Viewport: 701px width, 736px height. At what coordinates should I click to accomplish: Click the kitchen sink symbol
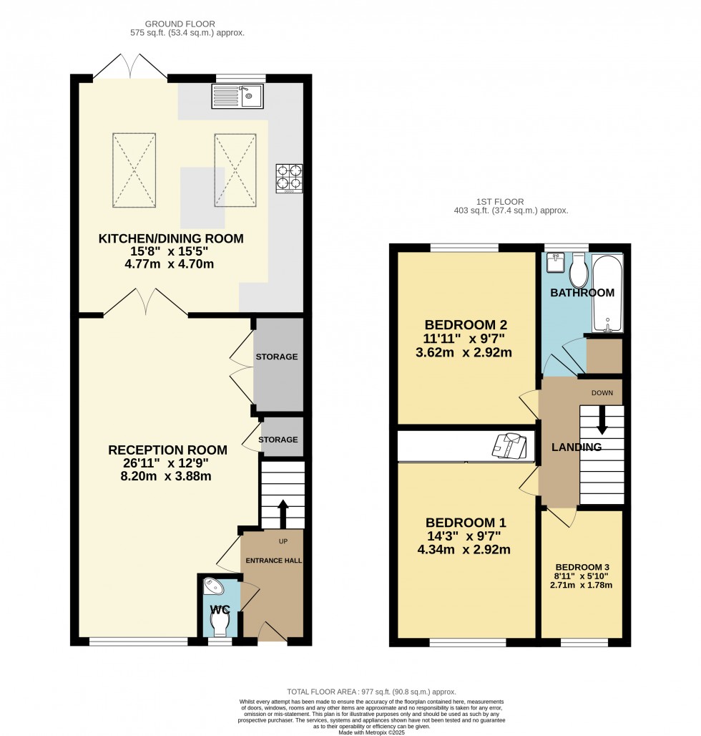click(237, 96)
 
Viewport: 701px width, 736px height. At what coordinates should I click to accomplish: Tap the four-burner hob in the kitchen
click(289, 179)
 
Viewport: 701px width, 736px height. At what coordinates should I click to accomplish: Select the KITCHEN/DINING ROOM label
click(171, 238)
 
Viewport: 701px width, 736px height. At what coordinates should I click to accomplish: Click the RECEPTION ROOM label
click(167, 450)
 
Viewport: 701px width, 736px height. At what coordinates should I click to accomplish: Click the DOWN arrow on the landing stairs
click(602, 420)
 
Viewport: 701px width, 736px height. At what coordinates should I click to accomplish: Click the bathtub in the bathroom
click(607, 294)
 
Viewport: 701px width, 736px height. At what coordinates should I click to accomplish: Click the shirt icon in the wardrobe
click(509, 445)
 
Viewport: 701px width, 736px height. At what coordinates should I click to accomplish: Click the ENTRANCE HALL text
click(274, 560)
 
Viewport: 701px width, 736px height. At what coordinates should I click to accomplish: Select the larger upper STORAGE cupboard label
click(278, 357)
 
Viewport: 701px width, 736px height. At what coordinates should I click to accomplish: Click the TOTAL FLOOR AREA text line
click(371, 692)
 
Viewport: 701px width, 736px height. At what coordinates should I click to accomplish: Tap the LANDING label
click(576, 447)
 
